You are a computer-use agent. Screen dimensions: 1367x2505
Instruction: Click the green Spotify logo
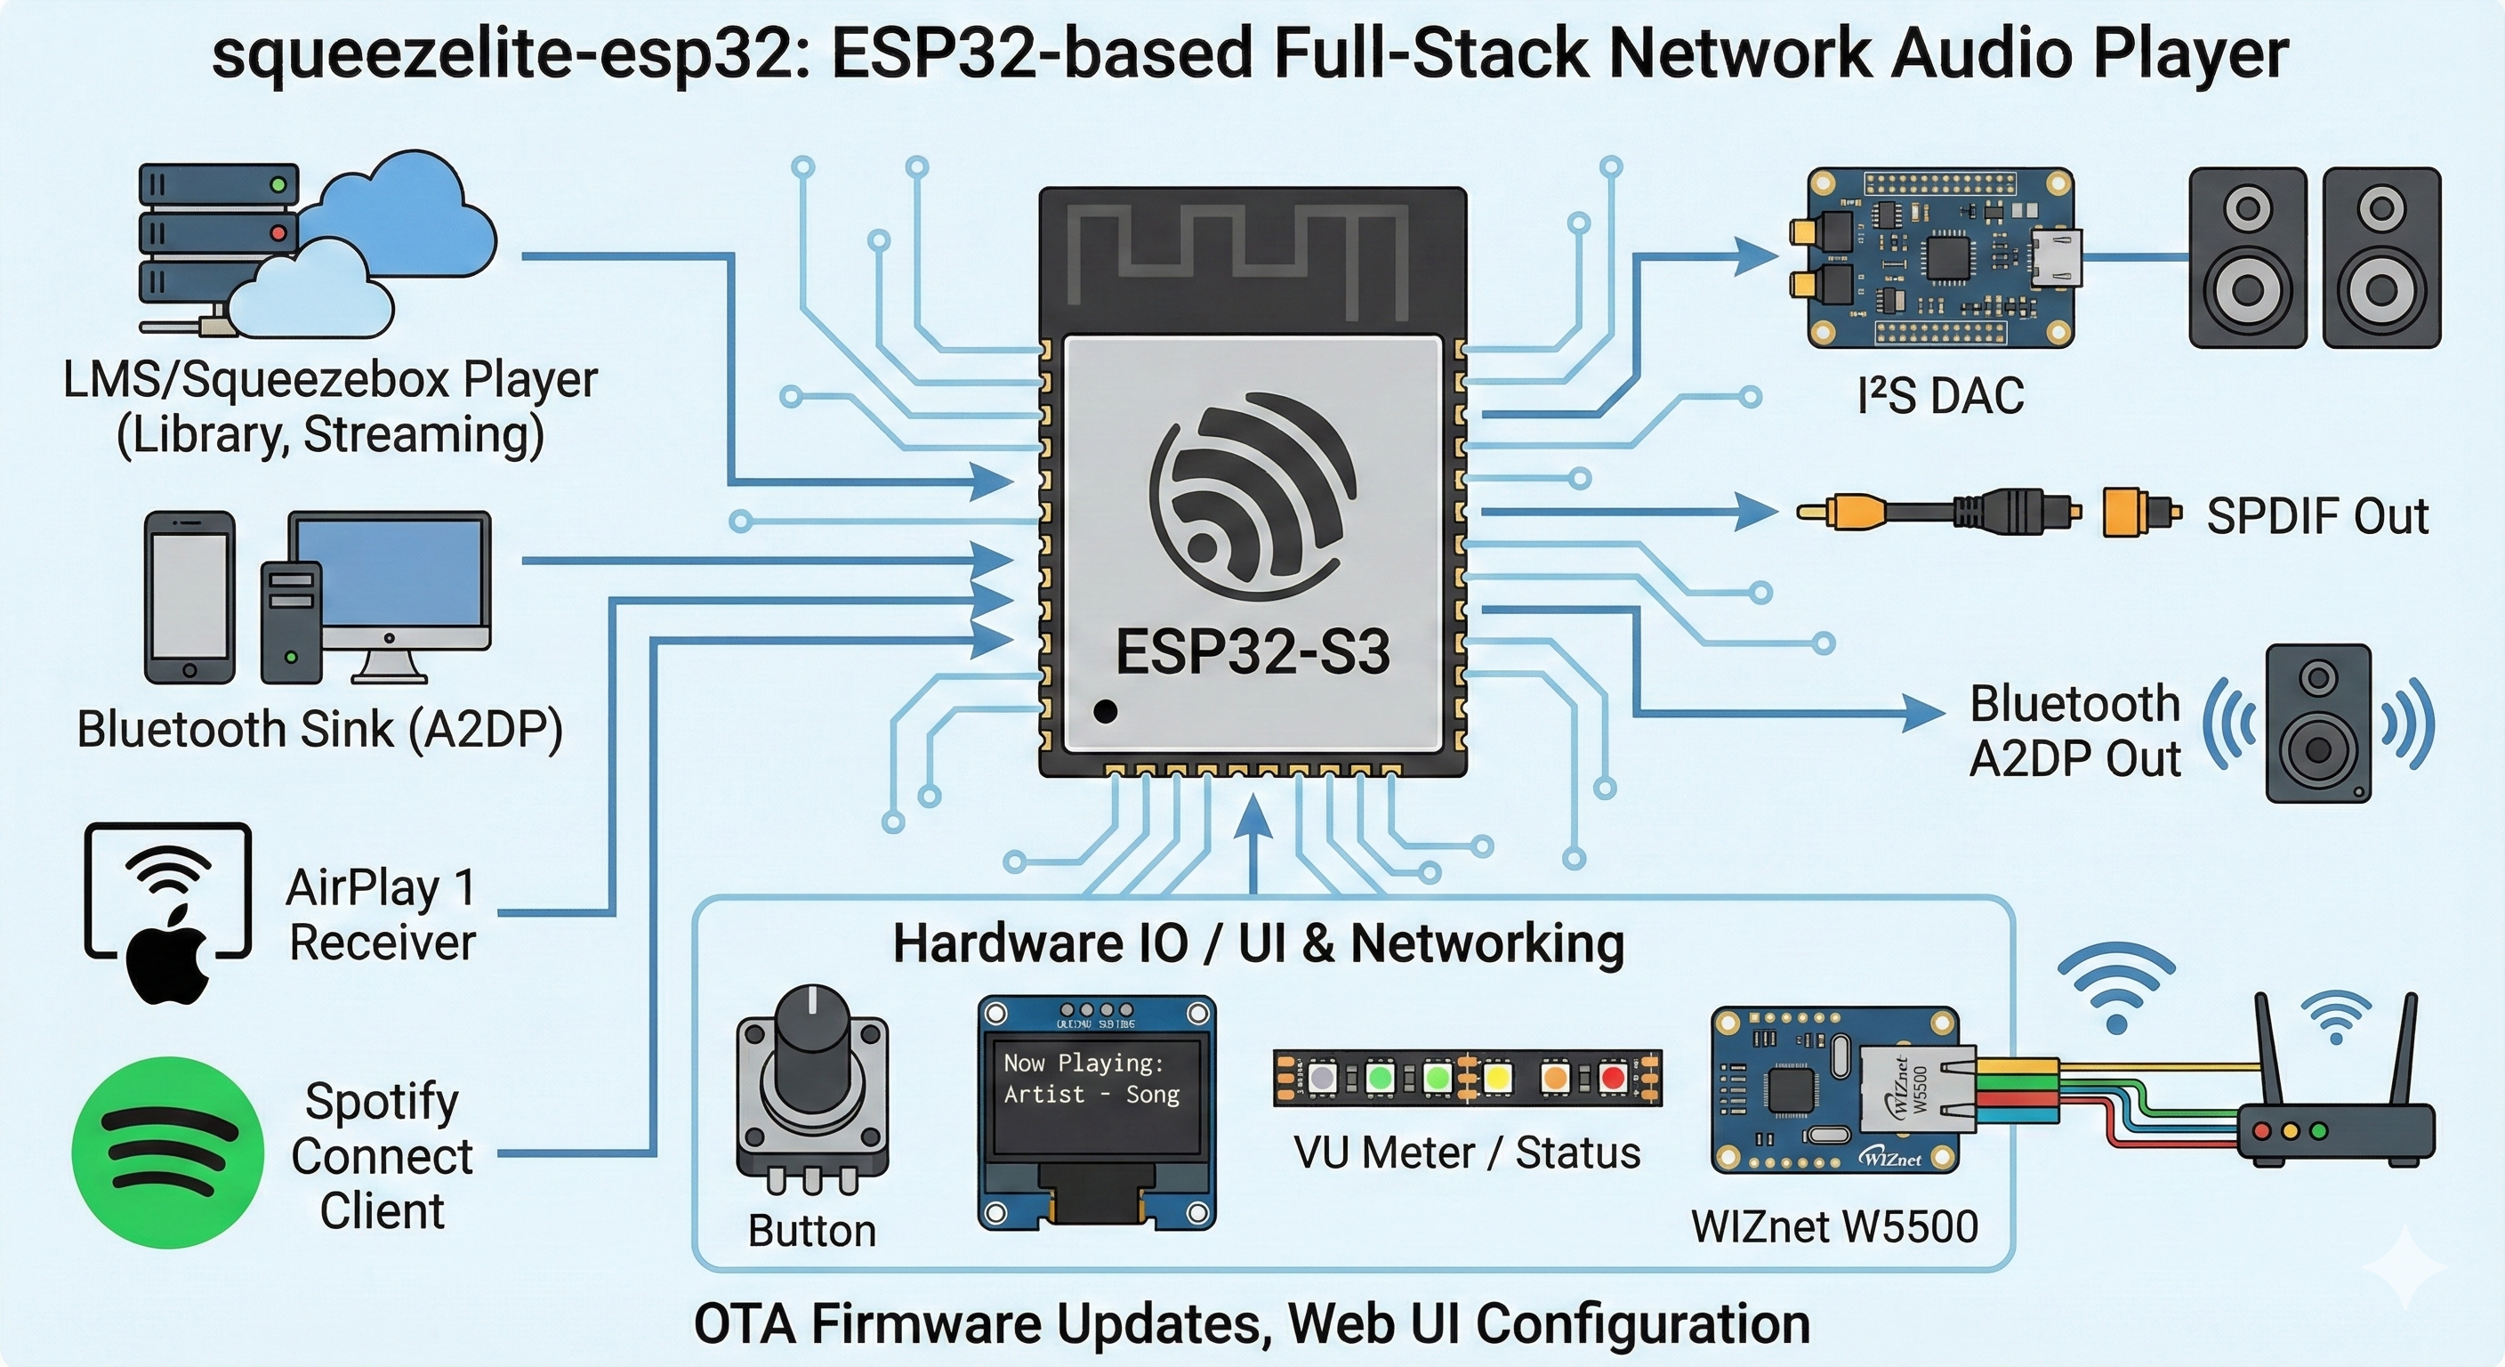click(x=167, y=1152)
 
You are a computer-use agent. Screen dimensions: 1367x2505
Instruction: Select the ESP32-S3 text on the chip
click(x=1252, y=651)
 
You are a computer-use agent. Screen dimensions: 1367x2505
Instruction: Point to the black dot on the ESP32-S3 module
click(x=1105, y=711)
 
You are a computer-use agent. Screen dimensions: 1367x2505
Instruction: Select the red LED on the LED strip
click(x=1614, y=1078)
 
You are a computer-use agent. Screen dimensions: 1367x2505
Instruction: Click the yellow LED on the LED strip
click(x=1496, y=1078)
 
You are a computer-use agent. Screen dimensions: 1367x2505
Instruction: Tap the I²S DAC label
click(x=1940, y=396)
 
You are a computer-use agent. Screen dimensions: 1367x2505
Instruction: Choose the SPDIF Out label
click(x=2316, y=515)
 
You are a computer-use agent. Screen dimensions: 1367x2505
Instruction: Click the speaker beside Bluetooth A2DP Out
click(x=2318, y=724)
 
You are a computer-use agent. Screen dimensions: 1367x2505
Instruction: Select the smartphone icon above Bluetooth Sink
click(x=189, y=597)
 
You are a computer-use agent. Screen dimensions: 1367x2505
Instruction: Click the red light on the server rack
click(x=279, y=233)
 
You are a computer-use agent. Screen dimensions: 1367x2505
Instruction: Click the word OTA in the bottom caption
click(x=745, y=1324)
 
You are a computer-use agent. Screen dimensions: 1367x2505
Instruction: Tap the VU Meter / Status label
click(x=1466, y=1153)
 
